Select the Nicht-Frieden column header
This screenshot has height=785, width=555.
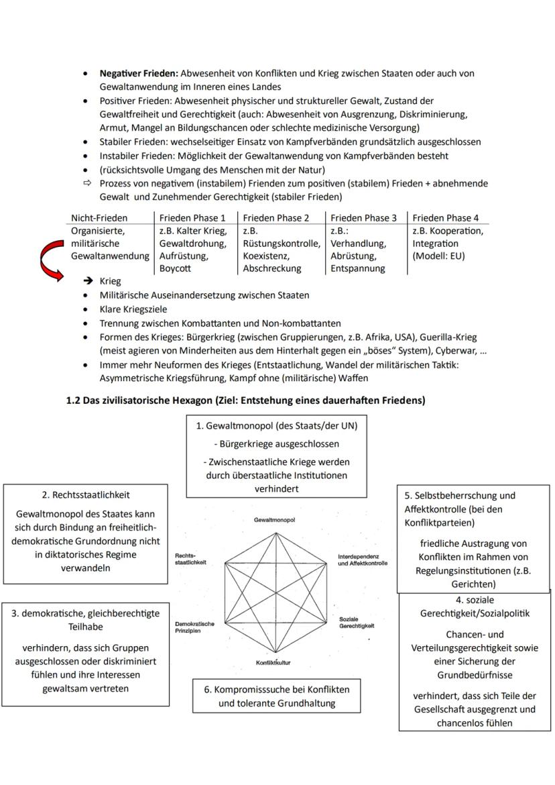tap(99, 217)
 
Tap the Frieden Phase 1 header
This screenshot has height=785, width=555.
tap(192, 217)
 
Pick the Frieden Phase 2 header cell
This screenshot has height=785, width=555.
tap(276, 217)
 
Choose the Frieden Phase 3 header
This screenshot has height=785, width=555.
tap(363, 217)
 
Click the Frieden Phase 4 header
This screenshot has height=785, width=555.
tap(446, 217)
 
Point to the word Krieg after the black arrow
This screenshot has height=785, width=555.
tap(110, 281)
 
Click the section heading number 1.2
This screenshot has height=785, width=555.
tap(74, 401)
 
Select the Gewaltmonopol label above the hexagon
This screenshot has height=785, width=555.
tap(275, 520)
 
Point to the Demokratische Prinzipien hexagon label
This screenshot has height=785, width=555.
tap(194, 627)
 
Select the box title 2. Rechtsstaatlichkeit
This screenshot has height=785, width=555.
tap(86, 495)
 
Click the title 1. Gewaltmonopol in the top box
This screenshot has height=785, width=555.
tap(277, 425)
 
